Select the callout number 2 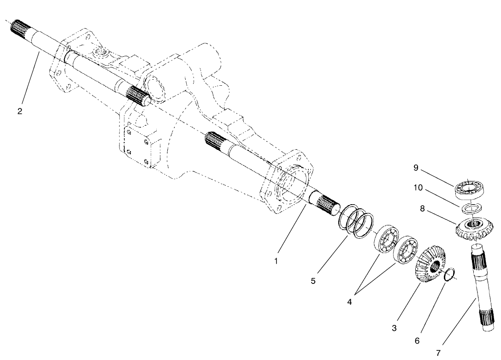(20, 112)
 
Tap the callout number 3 (394, 328)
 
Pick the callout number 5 (313, 281)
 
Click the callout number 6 (417, 341)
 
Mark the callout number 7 (438, 353)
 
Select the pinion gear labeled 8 (473, 229)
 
